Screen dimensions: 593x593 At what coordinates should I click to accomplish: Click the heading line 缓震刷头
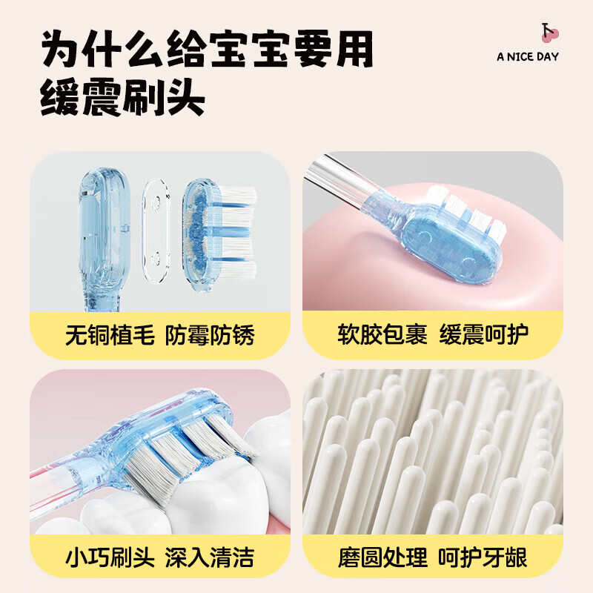(123, 98)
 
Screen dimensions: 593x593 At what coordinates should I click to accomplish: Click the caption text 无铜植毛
(110, 335)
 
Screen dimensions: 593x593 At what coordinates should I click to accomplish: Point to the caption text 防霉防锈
(211, 335)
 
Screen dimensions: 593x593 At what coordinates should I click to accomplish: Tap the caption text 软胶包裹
(382, 335)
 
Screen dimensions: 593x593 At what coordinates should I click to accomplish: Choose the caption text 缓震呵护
(483, 335)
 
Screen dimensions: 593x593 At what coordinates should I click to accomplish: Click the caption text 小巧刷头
(110, 556)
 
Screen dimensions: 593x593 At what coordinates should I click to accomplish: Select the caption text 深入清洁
(211, 556)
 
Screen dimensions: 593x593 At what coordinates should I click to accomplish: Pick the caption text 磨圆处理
(382, 556)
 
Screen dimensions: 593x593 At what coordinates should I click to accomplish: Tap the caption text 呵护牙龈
(483, 556)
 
